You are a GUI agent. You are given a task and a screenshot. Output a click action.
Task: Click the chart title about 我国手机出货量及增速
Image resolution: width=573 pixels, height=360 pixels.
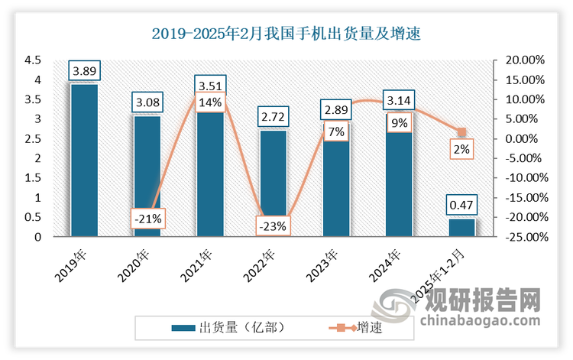pyautogui.click(x=286, y=34)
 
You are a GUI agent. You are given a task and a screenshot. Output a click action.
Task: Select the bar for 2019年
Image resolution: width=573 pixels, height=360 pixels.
pyautogui.click(x=84, y=161)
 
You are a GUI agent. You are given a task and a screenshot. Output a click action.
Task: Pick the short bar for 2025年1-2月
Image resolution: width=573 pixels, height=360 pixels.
pyautogui.click(x=461, y=228)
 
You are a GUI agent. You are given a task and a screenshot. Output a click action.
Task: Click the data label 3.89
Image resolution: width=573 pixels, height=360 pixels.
pyautogui.click(x=84, y=71)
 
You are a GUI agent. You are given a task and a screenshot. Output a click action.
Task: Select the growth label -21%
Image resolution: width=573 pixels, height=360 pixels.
pyautogui.click(x=147, y=219)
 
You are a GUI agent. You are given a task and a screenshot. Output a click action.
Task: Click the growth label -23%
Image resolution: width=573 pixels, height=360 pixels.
pyautogui.click(x=273, y=226)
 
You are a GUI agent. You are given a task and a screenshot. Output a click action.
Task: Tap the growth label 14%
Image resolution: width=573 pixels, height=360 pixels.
pyautogui.click(x=209, y=102)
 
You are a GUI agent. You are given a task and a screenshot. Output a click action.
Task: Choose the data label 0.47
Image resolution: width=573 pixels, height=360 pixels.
pyautogui.click(x=461, y=205)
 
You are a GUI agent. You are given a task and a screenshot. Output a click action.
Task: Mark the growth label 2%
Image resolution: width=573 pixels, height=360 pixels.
pyautogui.click(x=461, y=150)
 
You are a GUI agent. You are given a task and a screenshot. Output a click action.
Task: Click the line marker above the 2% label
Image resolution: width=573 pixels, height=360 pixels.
pyautogui.click(x=461, y=131)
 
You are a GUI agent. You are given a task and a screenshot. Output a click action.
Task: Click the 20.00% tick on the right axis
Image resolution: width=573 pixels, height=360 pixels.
pyautogui.click(x=525, y=60)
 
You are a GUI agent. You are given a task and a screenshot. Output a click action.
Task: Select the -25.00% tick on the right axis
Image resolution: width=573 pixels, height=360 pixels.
pyautogui.click(x=523, y=238)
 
